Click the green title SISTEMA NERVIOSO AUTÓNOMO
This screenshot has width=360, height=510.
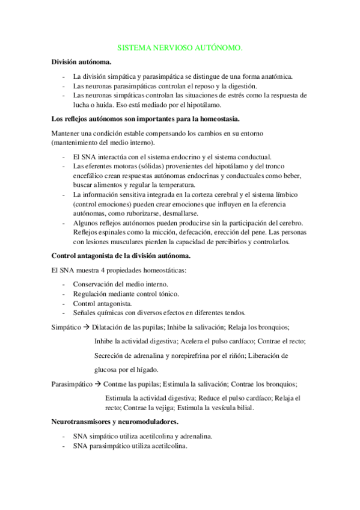click(180, 46)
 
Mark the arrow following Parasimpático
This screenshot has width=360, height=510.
click(98, 384)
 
